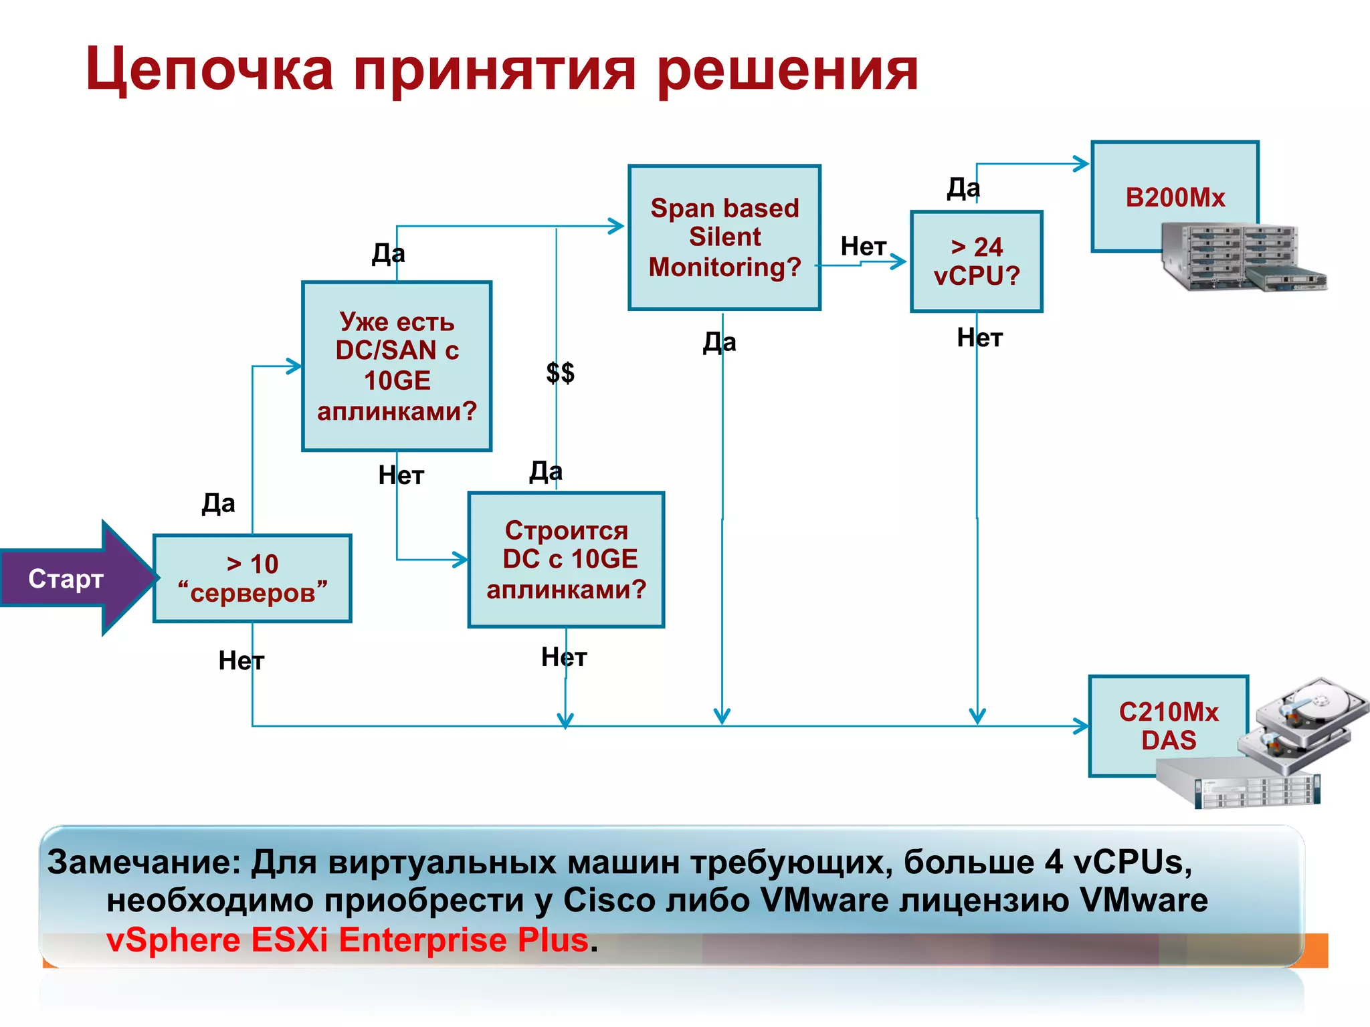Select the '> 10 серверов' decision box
(x=252, y=579)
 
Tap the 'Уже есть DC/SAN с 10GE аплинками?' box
(x=397, y=366)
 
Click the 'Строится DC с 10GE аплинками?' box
(x=566, y=560)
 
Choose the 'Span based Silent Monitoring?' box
(x=724, y=238)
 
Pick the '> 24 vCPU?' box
(x=977, y=261)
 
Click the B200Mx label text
(x=1175, y=198)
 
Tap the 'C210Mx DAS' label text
(x=1169, y=726)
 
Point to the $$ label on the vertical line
(x=560, y=372)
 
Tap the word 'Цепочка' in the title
(x=209, y=70)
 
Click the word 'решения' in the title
(x=787, y=70)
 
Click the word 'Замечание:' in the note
(x=144, y=863)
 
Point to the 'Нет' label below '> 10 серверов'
(x=241, y=661)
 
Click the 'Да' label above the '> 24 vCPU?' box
(x=963, y=189)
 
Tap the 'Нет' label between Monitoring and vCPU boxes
(x=864, y=247)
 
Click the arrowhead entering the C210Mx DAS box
(x=1081, y=726)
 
